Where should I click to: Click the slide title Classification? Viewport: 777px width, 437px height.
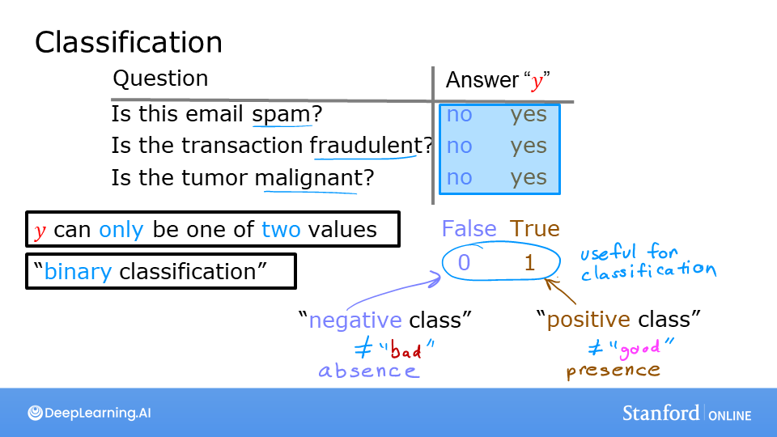[x=128, y=42]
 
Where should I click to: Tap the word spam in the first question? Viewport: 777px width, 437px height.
[x=281, y=115]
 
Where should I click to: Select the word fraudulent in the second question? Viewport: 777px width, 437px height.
[x=367, y=146]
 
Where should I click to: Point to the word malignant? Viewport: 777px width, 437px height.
[x=308, y=177]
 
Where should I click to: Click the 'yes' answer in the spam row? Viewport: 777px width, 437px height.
[x=529, y=115]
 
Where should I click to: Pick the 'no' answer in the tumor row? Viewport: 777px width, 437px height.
[x=459, y=177]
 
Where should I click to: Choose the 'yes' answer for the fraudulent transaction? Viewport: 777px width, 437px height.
[x=529, y=146]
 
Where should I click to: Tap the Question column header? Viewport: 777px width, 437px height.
[x=160, y=78]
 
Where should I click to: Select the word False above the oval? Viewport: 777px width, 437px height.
[x=469, y=229]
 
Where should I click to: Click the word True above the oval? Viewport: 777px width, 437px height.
[x=534, y=229]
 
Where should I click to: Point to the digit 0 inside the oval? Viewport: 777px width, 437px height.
[x=464, y=262]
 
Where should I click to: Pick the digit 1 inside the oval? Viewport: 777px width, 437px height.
[x=529, y=262]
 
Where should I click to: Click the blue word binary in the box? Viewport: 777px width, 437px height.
[x=78, y=271]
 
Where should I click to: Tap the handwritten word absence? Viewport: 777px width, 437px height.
[x=368, y=371]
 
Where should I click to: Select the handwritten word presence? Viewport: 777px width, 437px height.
[x=613, y=371]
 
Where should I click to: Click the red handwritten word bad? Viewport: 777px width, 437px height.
[x=407, y=350]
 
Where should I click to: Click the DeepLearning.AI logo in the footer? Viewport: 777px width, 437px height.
[x=89, y=413]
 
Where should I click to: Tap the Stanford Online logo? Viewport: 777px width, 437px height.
[x=686, y=414]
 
